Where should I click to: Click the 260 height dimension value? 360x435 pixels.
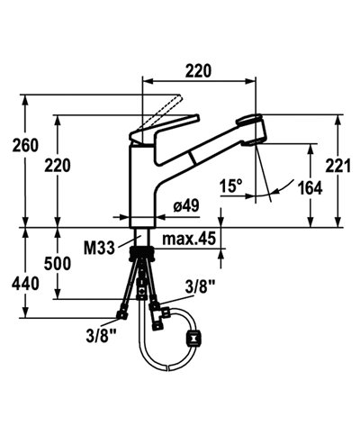[x=25, y=145]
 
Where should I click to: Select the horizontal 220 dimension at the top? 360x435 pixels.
[x=198, y=71]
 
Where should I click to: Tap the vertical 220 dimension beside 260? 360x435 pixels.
[x=58, y=166]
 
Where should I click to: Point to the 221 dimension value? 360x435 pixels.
[x=338, y=166]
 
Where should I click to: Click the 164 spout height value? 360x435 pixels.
[x=310, y=188]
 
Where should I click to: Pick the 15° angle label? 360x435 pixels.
[x=230, y=186]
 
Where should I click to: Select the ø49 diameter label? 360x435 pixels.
[x=186, y=206]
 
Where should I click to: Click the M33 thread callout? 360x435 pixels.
[x=99, y=249]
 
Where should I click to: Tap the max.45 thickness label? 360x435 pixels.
[x=189, y=239]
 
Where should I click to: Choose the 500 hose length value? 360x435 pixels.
[x=58, y=264]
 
